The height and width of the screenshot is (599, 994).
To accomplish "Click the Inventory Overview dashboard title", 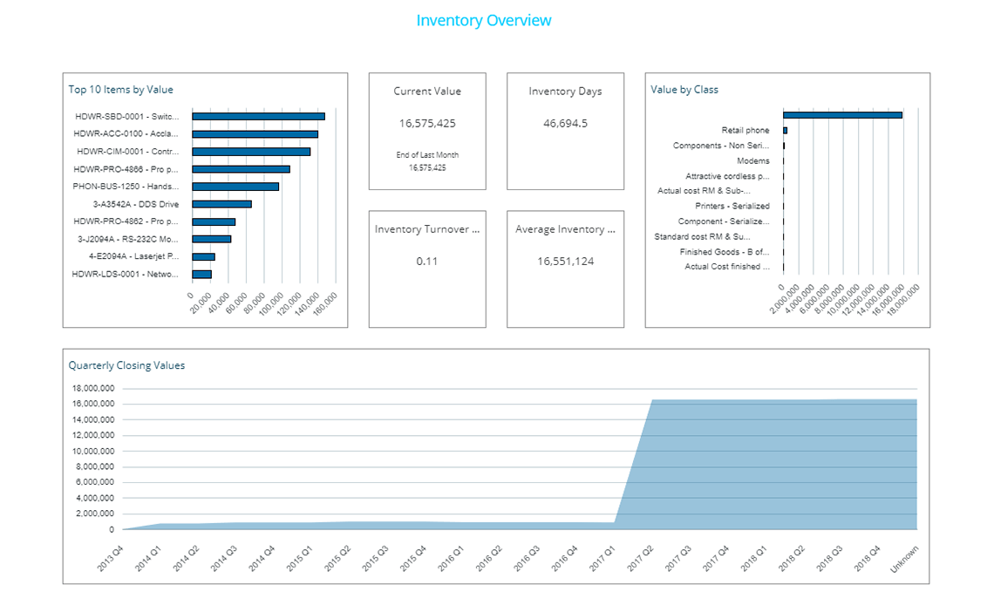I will point(483,20).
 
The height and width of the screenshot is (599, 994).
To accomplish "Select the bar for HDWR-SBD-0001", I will point(258,116).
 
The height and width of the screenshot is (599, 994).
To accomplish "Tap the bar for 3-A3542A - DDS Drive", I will point(221,204).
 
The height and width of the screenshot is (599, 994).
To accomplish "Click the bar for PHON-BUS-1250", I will point(235,187).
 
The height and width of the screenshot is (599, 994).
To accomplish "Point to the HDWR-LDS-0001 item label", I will point(126,274).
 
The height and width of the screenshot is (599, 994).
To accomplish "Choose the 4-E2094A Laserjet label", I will point(133,256).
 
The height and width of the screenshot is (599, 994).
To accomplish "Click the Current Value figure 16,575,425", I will point(427,123).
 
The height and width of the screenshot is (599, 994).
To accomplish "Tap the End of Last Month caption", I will point(427,155).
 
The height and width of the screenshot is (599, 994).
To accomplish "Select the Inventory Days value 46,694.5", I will point(565,123).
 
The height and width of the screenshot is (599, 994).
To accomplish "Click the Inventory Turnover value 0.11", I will point(427,261).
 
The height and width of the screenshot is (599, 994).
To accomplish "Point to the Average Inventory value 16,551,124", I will point(565,261).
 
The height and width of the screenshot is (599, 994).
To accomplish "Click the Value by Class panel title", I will point(684,90).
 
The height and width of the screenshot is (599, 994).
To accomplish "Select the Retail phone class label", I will point(745,130).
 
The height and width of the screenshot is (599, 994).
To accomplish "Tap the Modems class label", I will point(753,160).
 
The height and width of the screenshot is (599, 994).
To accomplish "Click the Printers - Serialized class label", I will point(732,206).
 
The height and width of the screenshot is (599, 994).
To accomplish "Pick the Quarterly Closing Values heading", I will point(126,365).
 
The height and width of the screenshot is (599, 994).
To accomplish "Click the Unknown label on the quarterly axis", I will point(904,558).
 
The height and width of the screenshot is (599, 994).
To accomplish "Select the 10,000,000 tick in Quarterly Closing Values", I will point(92,452).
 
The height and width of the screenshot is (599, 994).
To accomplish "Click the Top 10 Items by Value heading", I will point(121,90).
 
